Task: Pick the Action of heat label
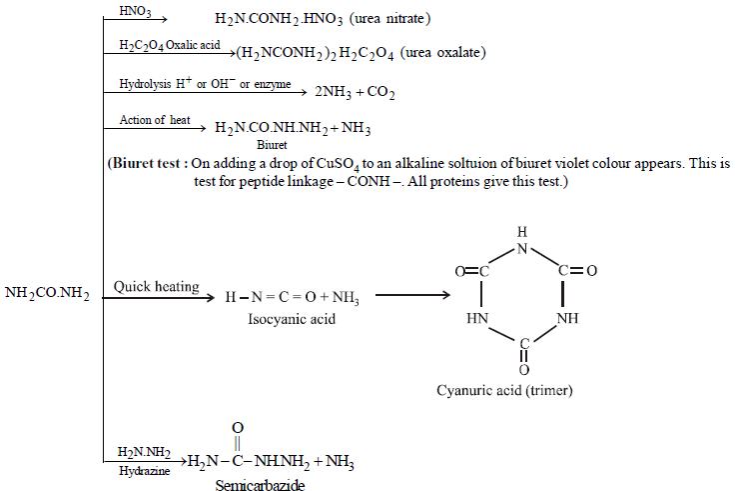point(155,120)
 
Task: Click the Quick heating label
point(156,287)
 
